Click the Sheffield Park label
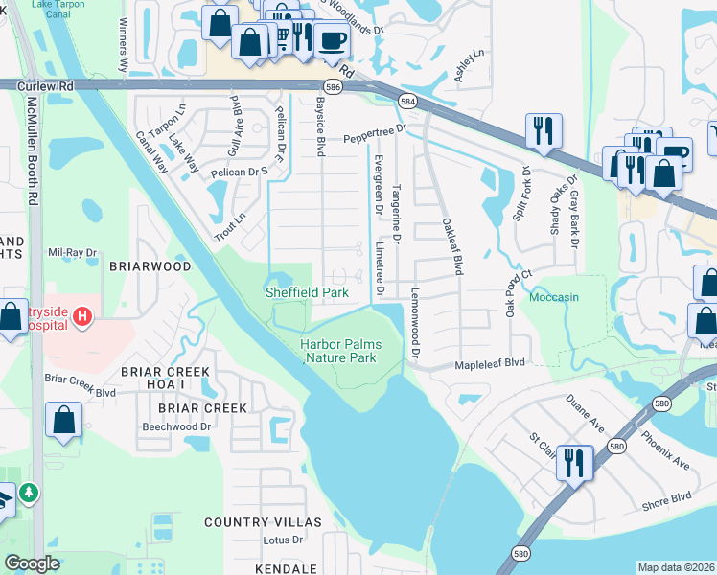[x=306, y=291]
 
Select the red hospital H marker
[x=82, y=315]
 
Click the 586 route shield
[x=333, y=86]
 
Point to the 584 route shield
[x=408, y=101]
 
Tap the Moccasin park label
[x=556, y=297]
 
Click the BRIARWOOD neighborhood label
[x=150, y=266]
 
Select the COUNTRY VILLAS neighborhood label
[x=264, y=521]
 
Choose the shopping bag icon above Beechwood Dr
[x=64, y=419]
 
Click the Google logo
[x=32, y=563]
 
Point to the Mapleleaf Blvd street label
[x=490, y=363]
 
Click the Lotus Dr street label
[x=282, y=540]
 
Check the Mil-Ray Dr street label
[x=73, y=253]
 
